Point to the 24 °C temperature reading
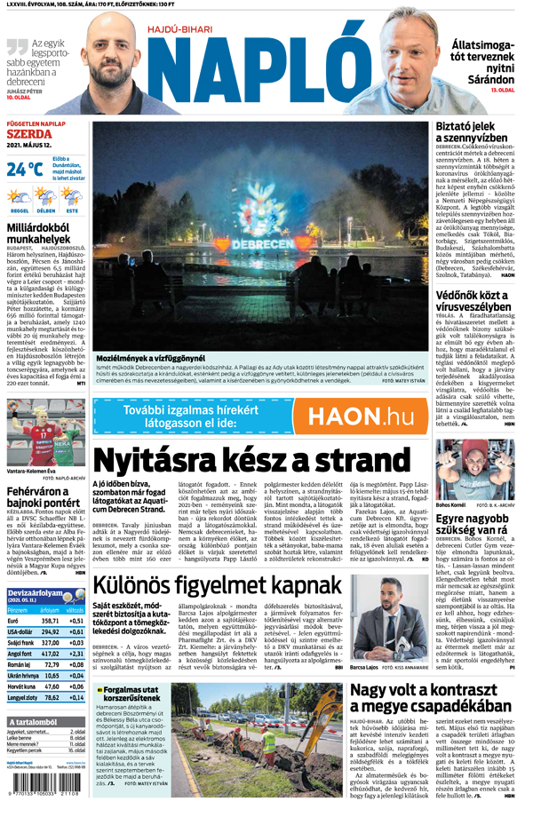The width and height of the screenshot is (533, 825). [24, 169]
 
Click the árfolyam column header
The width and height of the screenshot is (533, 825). [52, 610]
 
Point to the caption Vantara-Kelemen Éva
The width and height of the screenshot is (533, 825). [31, 471]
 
